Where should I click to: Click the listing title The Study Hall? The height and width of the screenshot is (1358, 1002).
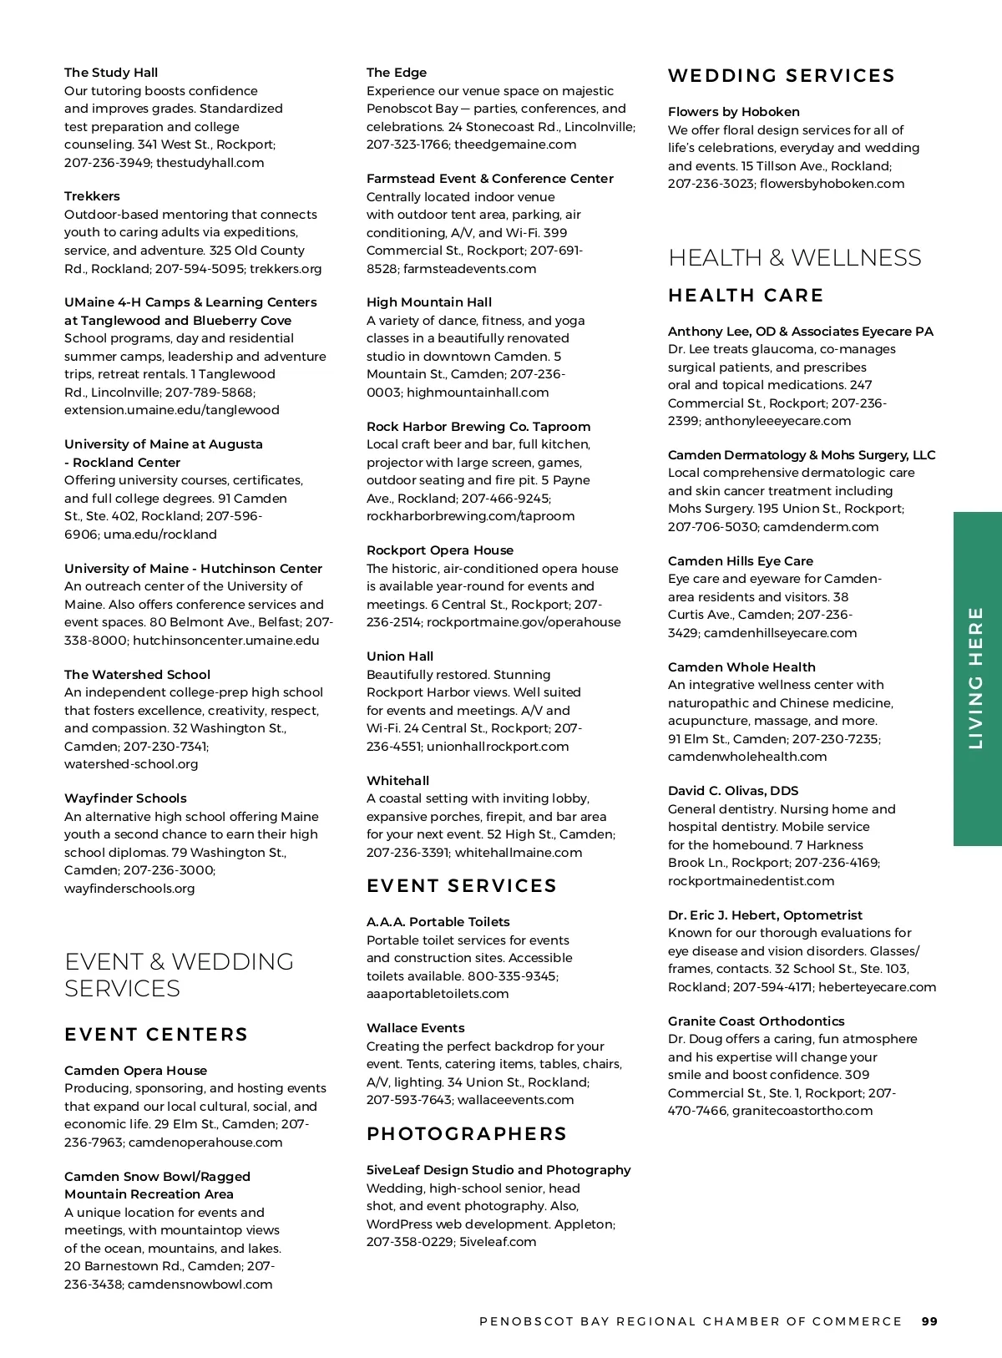coord(111,73)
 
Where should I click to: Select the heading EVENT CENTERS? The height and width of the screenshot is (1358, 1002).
coord(156,1034)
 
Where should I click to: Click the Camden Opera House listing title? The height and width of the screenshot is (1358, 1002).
coord(135,1071)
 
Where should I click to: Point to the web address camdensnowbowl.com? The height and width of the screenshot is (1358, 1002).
coord(200,1285)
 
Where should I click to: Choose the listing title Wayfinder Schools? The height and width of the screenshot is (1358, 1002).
coord(125,798)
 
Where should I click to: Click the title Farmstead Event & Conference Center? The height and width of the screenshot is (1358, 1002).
coord(489,179)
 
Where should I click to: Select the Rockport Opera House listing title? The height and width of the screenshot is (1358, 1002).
coord(440,550)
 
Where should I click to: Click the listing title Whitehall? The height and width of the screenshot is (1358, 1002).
coord(397,781)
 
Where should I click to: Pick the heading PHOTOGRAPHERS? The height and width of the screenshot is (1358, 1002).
coord(467,1133)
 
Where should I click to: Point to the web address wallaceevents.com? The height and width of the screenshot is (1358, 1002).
coord(515,1100)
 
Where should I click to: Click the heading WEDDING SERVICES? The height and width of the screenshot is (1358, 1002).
coord(781,76)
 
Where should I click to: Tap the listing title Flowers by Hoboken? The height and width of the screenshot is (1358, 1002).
coord(733,112)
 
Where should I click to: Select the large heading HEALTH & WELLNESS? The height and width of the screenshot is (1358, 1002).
coord(794,257)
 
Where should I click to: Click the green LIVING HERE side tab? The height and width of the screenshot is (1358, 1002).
coord(977,678)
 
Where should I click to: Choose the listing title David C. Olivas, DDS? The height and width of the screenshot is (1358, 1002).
coord(732,791)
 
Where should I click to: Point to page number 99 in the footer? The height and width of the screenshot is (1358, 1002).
coord(929,1321)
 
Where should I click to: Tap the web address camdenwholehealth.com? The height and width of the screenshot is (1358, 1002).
coord(747,757)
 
